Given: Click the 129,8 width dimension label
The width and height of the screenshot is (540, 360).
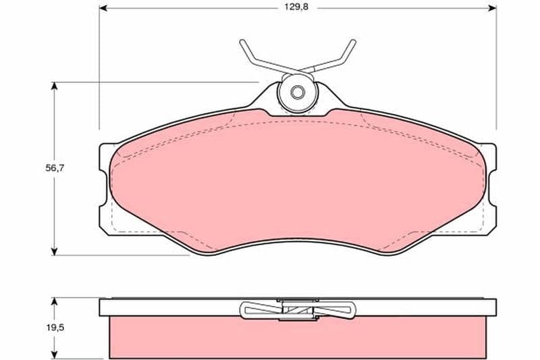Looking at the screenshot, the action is (x=296, y=7).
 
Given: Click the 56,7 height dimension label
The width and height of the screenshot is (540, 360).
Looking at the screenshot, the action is (x=55, y=168).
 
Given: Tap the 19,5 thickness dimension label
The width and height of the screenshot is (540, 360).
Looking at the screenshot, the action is (x=55, y=328).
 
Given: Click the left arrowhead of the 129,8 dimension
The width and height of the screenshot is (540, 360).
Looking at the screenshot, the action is (x=103, y=8).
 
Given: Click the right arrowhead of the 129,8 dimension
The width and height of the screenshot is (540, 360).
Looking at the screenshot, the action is (x=492, y=8).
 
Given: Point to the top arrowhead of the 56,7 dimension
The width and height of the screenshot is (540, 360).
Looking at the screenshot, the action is (x=54, y=86).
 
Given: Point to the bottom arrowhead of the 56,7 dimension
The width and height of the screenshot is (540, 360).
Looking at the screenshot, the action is (x=54, y=251).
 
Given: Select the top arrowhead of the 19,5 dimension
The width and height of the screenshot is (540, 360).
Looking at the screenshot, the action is (x=54, y=302).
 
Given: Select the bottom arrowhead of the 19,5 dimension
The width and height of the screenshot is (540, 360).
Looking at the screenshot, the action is (x=54, y=354).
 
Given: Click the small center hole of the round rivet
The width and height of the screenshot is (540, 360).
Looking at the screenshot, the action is (x=297, y=93).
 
